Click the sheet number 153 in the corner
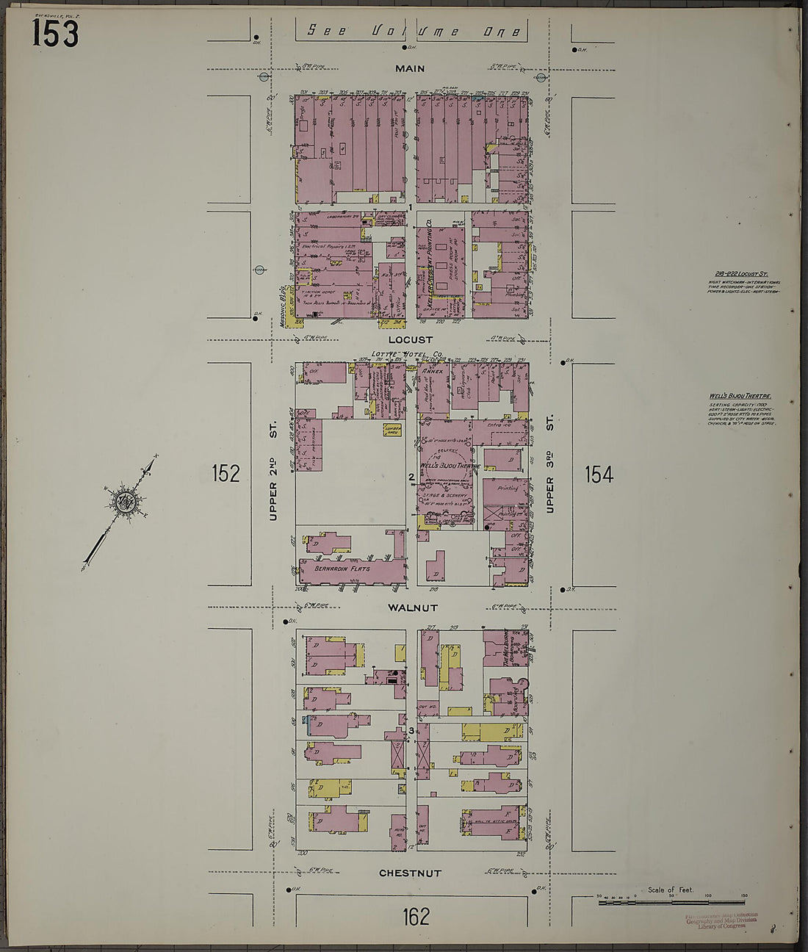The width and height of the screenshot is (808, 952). click(x=55, y=33)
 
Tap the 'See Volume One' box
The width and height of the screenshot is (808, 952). click(x=414, y=30)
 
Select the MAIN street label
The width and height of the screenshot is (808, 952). click(x=410, y=68)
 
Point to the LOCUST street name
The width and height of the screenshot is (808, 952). click(x=411, y=340)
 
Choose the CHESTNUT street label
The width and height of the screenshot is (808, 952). click(x=410, y=873)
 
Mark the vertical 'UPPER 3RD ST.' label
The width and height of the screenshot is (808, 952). click(x=550, y=464)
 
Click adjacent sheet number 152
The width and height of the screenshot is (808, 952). click(x=226, y=474)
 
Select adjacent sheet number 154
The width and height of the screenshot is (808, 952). click(x=599, y=475)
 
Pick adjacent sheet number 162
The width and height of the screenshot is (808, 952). click(x=415, y=916)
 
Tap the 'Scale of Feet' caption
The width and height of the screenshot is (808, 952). click(x=670, y=890)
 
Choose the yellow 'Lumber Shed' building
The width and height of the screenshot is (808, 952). click(x=391, y=430)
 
